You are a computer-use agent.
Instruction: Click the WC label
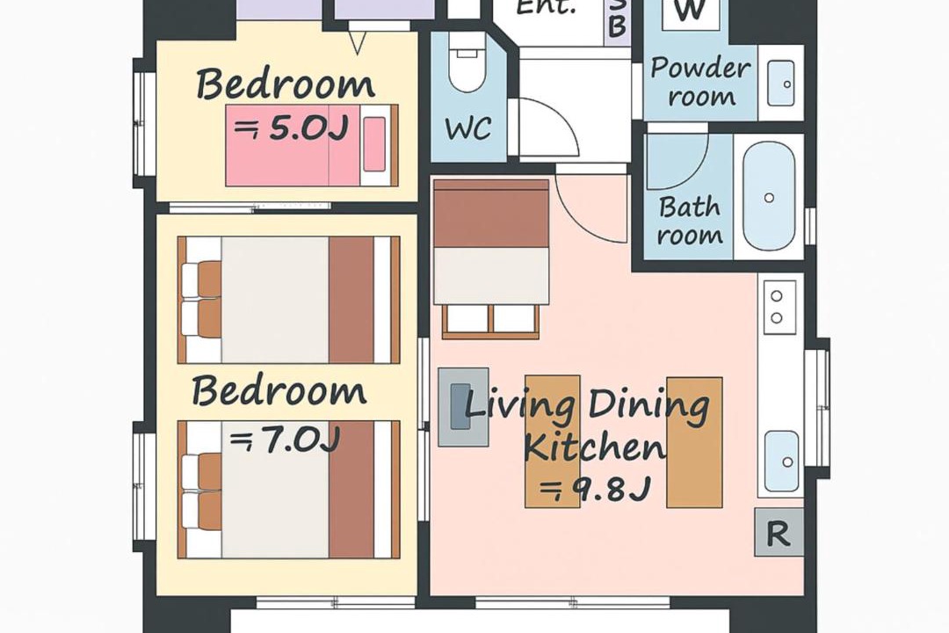(467, 128)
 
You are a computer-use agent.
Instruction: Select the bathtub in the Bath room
(769, 197)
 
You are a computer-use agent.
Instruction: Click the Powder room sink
(781, 83)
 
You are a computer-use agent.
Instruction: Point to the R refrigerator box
(779, 533)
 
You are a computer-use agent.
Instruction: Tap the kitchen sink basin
(781, 461)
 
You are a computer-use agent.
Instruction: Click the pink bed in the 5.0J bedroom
(312, 145)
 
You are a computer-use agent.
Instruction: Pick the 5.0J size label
(292, 128)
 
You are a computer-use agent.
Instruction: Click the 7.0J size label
(284, 440)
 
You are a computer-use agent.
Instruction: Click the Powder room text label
(701, 82)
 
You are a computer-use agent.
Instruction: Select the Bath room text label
(690, 221)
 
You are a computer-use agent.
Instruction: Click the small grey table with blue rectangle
(463, 407)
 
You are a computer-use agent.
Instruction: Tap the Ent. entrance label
(546, 8)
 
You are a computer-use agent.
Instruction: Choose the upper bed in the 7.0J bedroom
(289, 300)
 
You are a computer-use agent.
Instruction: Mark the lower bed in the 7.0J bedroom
(289, 490)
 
